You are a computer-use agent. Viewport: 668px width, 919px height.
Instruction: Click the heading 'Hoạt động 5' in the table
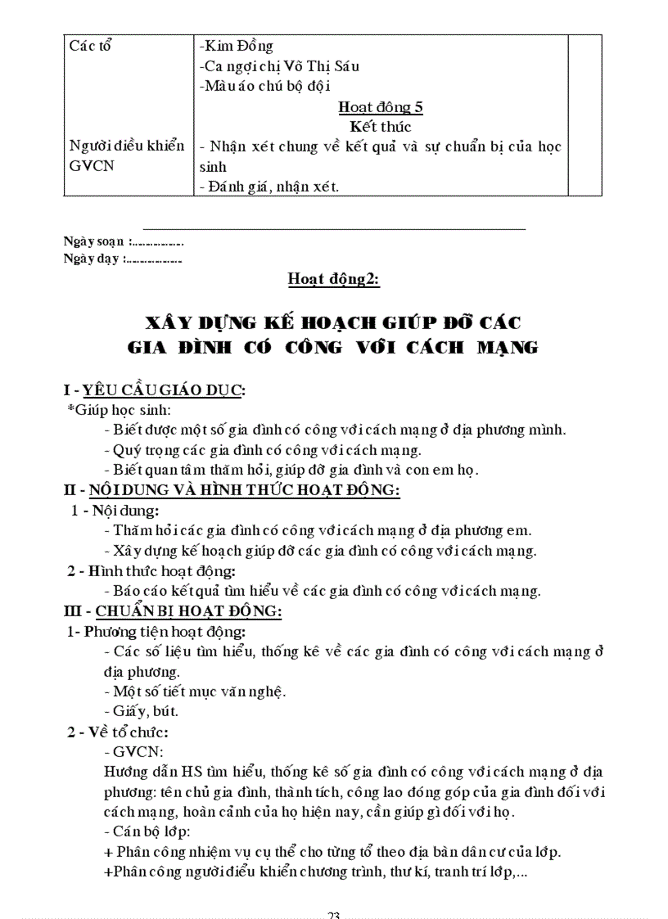(381, 107)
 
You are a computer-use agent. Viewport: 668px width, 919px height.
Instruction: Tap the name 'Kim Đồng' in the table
(240, 46)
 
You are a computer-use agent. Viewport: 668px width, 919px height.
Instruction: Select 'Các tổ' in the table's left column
(91, 46)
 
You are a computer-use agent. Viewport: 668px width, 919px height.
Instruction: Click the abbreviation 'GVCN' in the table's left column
(91, 166)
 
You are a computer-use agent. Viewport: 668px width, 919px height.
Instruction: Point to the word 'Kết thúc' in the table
(381, 127)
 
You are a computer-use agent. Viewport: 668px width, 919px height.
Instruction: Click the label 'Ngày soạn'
(94, 241)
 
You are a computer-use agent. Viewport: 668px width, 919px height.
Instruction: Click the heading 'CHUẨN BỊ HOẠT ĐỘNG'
(188, 610)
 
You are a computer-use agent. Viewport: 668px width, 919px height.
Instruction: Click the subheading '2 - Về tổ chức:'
(118, 732)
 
